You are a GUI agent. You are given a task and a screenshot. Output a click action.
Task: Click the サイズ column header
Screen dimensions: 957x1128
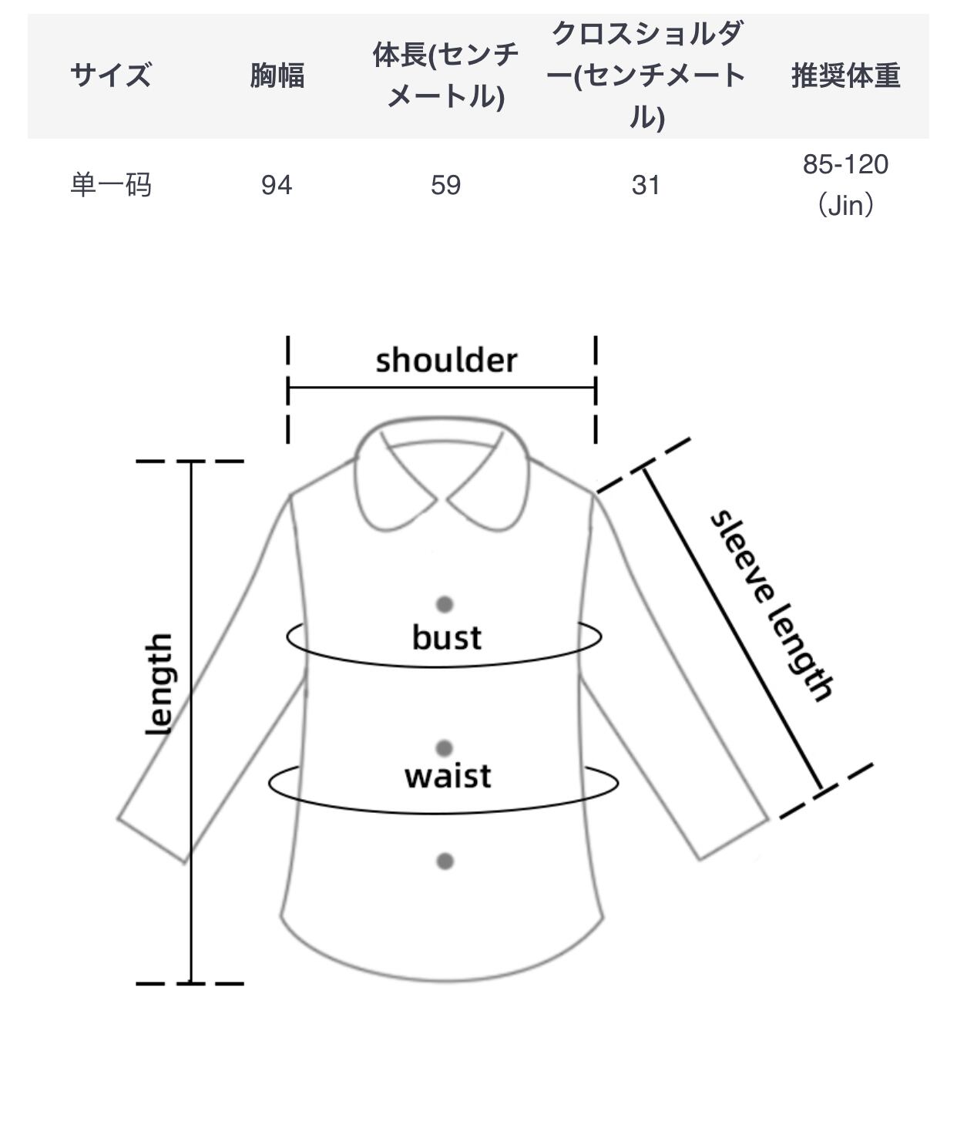point(110,76)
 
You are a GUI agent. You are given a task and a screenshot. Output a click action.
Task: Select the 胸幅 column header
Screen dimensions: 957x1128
point(277,76)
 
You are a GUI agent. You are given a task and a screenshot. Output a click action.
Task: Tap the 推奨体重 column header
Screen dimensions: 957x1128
point(845,76)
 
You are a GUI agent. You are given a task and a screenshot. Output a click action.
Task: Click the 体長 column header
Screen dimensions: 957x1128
point(445,76)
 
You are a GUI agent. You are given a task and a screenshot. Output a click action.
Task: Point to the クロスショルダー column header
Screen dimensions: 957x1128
point(646,76)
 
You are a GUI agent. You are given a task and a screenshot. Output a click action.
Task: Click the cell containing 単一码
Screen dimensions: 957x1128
point(110,185)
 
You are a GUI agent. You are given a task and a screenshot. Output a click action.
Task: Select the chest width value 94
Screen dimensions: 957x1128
point(277,185)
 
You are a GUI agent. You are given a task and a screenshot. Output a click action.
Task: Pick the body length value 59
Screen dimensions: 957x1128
point(445,185)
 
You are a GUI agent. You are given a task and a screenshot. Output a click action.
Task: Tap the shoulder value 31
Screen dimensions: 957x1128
point(646,185)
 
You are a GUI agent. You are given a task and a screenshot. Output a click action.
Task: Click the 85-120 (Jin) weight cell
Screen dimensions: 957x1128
point(845,185)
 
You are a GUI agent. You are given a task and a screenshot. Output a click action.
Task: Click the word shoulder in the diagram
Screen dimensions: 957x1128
point(446,361)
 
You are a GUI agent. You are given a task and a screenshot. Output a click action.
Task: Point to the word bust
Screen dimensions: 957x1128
point(446,637)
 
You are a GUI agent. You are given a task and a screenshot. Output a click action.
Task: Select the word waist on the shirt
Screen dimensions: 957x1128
point(448,775)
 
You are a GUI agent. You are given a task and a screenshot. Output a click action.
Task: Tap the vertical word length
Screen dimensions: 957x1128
point(159,683)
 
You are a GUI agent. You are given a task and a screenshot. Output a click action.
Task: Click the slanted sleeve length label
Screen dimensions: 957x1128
point(771,606)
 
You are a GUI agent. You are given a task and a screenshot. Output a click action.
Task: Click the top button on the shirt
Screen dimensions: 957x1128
point(445,604)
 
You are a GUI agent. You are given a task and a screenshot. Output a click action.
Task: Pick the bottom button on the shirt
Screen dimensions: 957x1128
point(445,861)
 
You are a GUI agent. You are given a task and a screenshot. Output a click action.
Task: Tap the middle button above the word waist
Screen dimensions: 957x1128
point(445,747)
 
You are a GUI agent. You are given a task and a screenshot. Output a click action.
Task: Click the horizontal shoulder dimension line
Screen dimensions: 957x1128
point(442,388)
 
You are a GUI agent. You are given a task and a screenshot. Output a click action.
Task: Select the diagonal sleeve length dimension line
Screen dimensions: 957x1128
point(732,628)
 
